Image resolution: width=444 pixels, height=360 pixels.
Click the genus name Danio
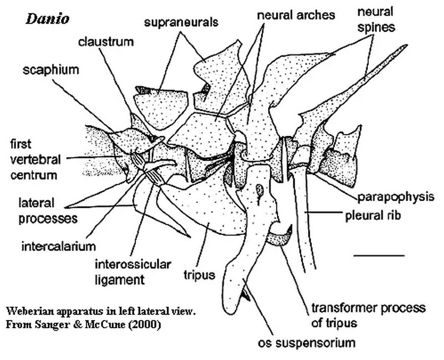[x=48, y=19]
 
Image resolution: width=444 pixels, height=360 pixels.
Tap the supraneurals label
[x=181, y=22]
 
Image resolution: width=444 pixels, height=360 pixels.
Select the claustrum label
[x=106, y=42]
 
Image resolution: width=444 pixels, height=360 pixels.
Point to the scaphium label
[x=51, y=70]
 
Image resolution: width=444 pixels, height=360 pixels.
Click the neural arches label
[x=296, y=15]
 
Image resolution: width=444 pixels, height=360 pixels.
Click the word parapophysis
[x=396, y=197]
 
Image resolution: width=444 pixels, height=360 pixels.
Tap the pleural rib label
[x=373, y=216]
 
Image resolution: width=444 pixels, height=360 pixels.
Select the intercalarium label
[x=59, y=246]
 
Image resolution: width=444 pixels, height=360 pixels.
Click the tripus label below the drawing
[x=199, y=275]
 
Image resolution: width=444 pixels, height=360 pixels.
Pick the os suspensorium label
[x=306, y=343]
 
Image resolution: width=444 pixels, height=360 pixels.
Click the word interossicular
[x=133, y=264]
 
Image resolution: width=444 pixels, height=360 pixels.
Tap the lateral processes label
[x=48, y=211]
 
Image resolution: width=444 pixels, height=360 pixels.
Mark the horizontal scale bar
[x=379, y=256]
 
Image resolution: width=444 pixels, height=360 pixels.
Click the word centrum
[x=34, y=175]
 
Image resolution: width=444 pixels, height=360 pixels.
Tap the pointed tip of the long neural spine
[x=407, y=45]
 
